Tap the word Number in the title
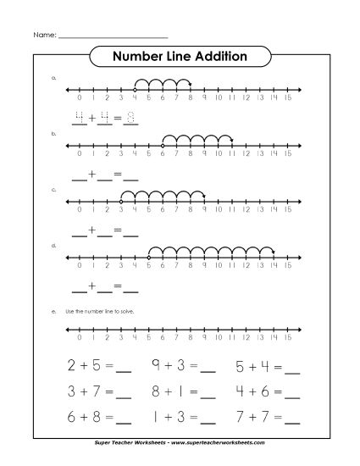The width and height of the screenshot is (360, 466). tap(139, 57)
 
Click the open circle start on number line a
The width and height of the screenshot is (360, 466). tap(135, 88)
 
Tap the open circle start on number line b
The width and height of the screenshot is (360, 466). tap(163, 145)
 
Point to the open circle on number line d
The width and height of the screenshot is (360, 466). tap(148, 257)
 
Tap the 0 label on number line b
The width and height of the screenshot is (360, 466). tap(79, 154)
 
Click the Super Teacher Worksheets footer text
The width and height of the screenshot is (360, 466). tap(180, 442)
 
